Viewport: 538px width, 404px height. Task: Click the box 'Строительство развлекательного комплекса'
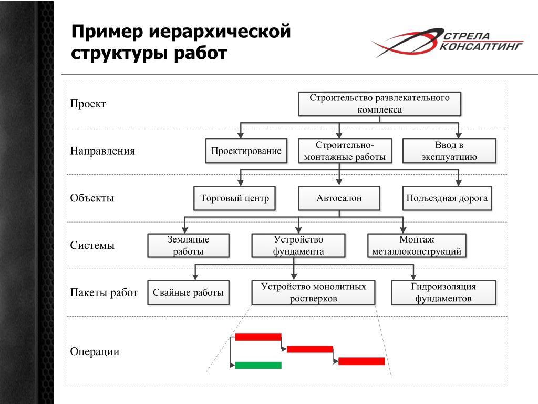coord(379,104)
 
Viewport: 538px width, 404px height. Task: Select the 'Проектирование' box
coord(246,151)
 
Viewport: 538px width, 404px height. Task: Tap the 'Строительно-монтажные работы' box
coord(345,151)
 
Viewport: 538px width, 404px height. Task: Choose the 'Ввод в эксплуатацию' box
coord(449,151)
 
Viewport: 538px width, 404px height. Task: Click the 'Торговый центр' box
coord(234,198)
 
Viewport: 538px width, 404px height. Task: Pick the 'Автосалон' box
coord(339,198)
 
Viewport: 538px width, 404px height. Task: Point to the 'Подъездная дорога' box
coord(447,198)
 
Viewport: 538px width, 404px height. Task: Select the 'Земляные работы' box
coord(188,246)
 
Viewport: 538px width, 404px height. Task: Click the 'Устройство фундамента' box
coord(298,246)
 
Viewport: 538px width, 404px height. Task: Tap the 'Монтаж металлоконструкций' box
coord(417,246)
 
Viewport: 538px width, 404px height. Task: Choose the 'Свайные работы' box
coord(188,293)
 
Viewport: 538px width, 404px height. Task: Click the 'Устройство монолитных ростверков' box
coord(313,293)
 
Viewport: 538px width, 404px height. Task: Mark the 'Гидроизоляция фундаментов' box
coord(443,293)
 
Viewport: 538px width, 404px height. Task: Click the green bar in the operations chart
coord(258,365)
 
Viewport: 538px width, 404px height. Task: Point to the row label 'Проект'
coord(88,104)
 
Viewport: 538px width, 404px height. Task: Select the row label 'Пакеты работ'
coord(104,293)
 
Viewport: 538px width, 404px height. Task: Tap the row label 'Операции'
coord(95,351)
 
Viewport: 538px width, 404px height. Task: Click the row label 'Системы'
coord(92,246)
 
